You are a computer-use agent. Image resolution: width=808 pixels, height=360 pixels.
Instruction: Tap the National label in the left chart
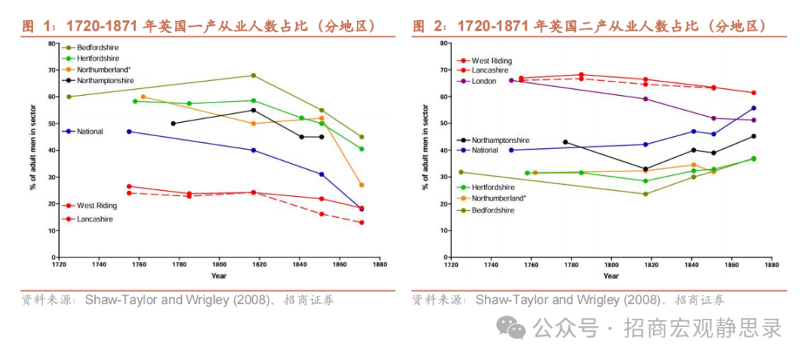click(90, 132)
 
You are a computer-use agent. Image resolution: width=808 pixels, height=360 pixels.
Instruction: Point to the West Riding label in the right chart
click(492, 61)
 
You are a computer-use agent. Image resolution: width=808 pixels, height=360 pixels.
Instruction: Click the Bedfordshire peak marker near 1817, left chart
click(253, 76)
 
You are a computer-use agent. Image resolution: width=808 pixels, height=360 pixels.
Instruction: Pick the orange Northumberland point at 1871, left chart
click(361, 185)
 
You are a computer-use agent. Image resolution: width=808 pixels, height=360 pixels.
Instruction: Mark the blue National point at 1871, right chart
click(753, 108)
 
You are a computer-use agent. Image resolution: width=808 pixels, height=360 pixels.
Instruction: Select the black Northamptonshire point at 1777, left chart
click(174, 123)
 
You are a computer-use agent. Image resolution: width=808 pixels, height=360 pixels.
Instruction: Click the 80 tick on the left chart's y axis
click(51, 43)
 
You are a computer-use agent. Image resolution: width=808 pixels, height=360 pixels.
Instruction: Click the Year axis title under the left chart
click(219, 276)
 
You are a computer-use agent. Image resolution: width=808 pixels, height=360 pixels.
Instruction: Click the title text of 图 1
click(199, 26)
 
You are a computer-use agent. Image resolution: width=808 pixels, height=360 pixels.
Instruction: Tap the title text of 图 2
click(590, 26)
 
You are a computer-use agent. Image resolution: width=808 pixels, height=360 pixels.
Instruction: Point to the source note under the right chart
click(568, 300)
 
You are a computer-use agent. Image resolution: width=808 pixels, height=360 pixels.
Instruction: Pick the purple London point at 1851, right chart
click(713, 118)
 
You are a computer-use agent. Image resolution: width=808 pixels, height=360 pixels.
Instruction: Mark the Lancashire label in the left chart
click(95, 219)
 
